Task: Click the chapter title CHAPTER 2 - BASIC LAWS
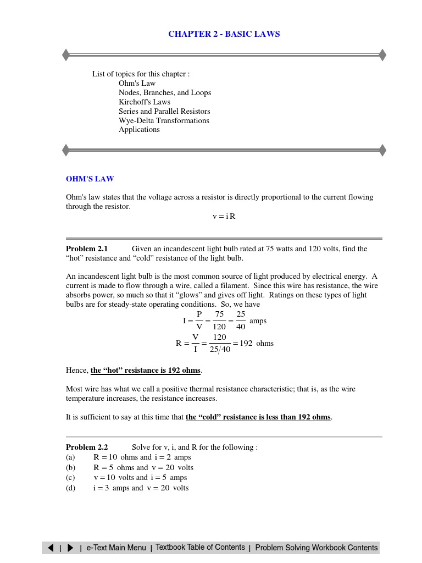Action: pos(224,34)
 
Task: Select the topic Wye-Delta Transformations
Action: pos(164,120)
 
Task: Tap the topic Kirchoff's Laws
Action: pos(145,102)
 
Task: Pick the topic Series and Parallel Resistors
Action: pos(164,111)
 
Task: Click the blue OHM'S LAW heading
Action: pos(90,179)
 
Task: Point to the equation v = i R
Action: pos(224,216)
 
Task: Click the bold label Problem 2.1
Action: pos(87,249)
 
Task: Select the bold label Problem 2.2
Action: pos(87,447)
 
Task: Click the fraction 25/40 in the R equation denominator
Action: pos(220,349)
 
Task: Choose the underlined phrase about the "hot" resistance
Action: pos(146,371)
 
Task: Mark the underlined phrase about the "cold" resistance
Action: pos(258,417)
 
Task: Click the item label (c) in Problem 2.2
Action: pos(70,477)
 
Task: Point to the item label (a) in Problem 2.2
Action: pos(70,457)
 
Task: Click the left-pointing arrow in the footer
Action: pos(51,548)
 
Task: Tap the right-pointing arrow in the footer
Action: pos(70,548)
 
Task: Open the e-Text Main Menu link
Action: pos(116,548)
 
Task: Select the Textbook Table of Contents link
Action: pos(200,547)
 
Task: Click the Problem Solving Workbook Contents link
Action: pos(316,548)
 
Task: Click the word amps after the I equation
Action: pos(258,321)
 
